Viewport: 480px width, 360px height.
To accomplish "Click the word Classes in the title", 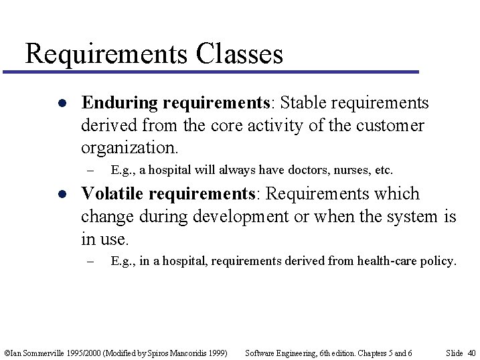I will [x=240, y=54].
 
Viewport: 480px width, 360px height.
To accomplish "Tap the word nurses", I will [x=348, y=170].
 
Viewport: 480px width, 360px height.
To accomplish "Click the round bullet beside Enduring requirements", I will [x=61, y=104].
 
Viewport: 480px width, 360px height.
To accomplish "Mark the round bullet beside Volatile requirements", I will [x=61, y=195].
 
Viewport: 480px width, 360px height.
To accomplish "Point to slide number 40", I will [x=471, y=353].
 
